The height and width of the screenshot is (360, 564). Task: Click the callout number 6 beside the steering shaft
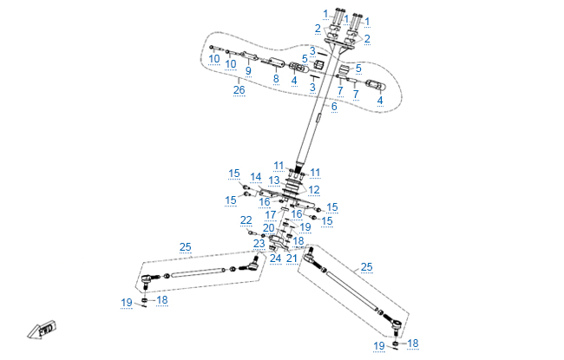click(x=333, y=107)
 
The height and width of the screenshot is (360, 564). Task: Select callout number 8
click(x=275, y=78)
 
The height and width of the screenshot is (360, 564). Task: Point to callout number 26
click(x=239, y=88)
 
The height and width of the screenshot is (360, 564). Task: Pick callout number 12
click(x=314, y=189)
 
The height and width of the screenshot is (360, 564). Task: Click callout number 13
click(x=273, y=180)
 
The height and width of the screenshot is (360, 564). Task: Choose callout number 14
click(x=255, y=177)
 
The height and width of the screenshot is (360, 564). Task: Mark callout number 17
click(x=271, y=214)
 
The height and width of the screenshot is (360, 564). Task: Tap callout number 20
click(x=268, y=227)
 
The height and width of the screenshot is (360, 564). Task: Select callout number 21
click(x=292, y=258)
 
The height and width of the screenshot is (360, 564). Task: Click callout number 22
click(x=246, y=220)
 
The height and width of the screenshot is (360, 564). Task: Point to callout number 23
click(x=259, y=244)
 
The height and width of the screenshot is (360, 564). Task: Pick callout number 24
click(x=275, y=258)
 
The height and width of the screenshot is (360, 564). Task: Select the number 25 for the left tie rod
click(x=185, y=247)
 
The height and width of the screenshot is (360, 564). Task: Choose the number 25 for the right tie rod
click(x=366, y=266)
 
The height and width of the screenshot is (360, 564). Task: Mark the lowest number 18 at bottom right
click(x=412, y=344)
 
